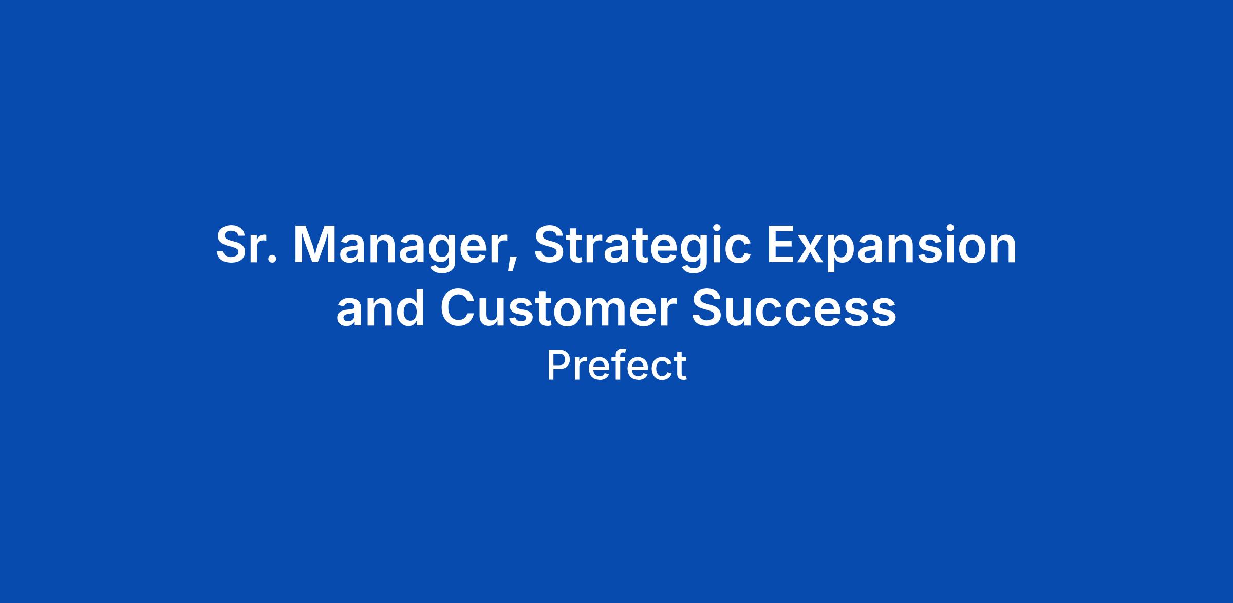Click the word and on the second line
click(x=381, y=307)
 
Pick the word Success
click(x=794, y=307)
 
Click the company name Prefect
click(x=616, y=366)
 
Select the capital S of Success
click(x=707, y=307)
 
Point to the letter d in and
click(x=409, y=307)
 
